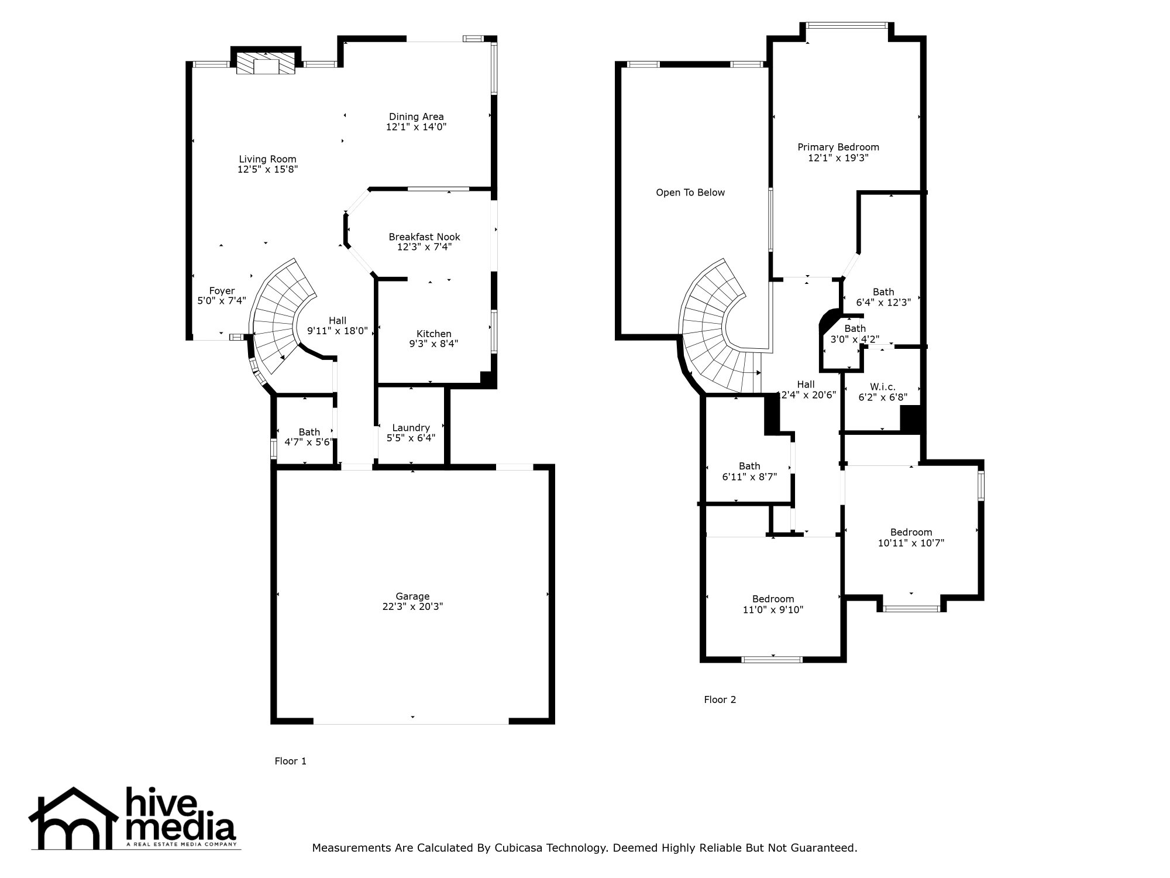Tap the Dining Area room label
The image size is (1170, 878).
(416, 116)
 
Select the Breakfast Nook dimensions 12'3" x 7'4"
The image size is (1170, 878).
(424, 247)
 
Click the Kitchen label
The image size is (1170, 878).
(433, 334)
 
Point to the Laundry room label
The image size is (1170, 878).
(411, 428)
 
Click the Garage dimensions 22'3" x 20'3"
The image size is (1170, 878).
(412, 607)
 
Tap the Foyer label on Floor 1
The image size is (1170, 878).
(222, 291)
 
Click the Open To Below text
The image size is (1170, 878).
(690, 193)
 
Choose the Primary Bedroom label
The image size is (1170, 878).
(838, 147)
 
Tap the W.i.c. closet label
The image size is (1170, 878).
(882, 387)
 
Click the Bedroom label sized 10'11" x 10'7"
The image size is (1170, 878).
(911, 532)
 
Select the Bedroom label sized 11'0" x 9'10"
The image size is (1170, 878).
(773, 599)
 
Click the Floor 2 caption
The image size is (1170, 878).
(720, 699)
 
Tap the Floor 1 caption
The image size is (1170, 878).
(290, 761)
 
